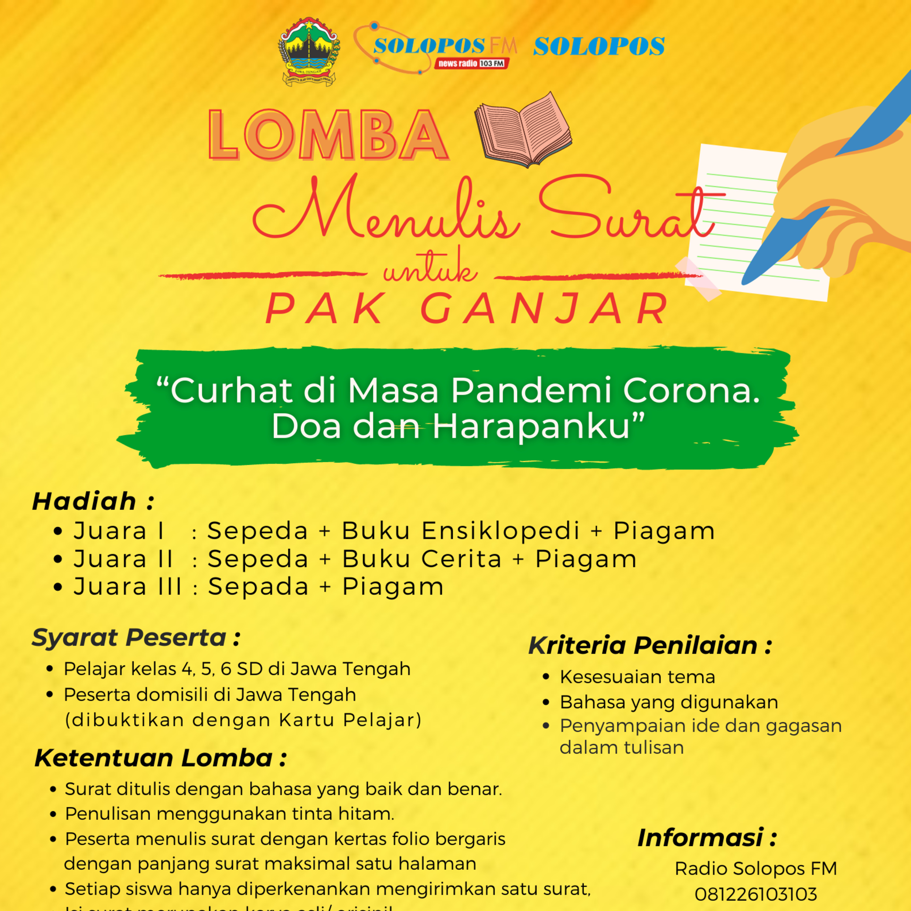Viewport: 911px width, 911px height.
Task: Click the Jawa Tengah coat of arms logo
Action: coord(309,52)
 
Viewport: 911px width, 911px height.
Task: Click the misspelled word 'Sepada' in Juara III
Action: coord(258,587)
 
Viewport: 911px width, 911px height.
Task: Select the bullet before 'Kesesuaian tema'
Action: coord(546,677)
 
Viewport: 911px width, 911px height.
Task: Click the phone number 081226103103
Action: coord(756,894)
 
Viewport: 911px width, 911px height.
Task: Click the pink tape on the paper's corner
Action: coord(698,278)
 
